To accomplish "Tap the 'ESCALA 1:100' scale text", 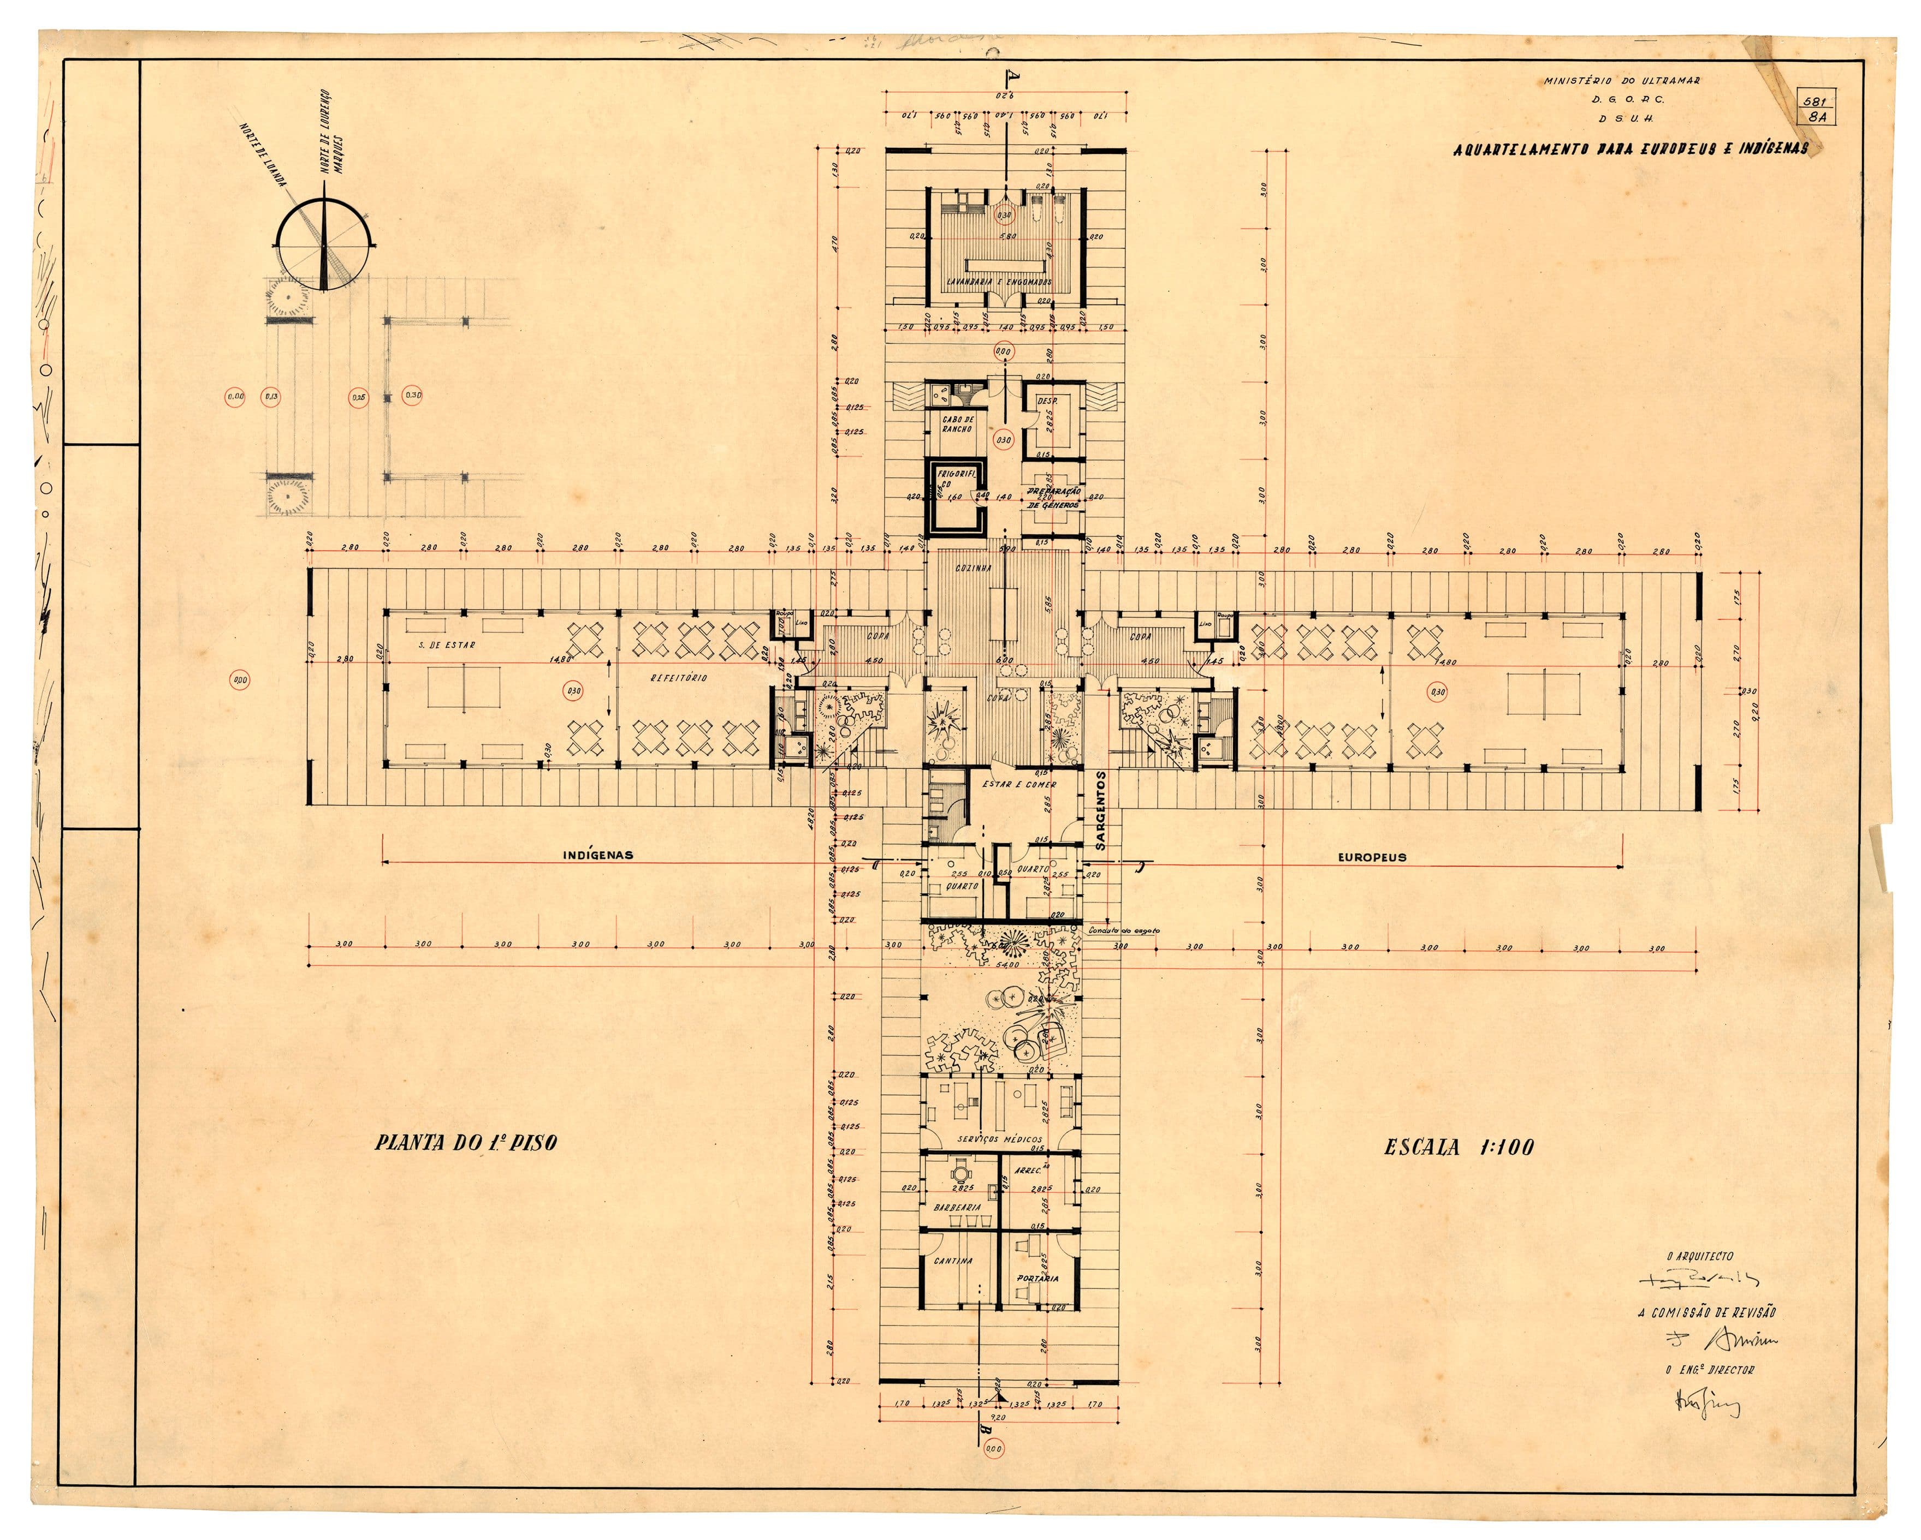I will tap(1458, 1147).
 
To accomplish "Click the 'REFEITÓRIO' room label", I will tap(679, 678).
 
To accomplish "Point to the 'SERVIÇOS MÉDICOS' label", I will tap(999, 1140).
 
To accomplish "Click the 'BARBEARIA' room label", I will tap(958, 1208).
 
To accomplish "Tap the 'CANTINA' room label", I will tap(952, 1261).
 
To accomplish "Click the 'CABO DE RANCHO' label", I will tap(958, 424).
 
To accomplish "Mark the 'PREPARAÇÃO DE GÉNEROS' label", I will tap(1054, 498).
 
